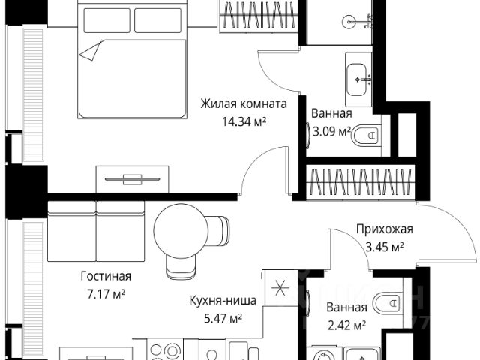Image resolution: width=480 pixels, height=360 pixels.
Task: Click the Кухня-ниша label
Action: [223, 301]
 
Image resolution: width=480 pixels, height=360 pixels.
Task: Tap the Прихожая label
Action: [383, 230]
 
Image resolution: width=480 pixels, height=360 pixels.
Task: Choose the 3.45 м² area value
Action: [384, 247]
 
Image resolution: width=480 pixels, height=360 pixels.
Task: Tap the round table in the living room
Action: [178, 229]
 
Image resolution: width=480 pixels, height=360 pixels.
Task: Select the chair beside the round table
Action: [220, 229]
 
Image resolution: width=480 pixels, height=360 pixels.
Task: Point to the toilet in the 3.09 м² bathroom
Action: [368, 135]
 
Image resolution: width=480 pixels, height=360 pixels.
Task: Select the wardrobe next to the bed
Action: [256, 16]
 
